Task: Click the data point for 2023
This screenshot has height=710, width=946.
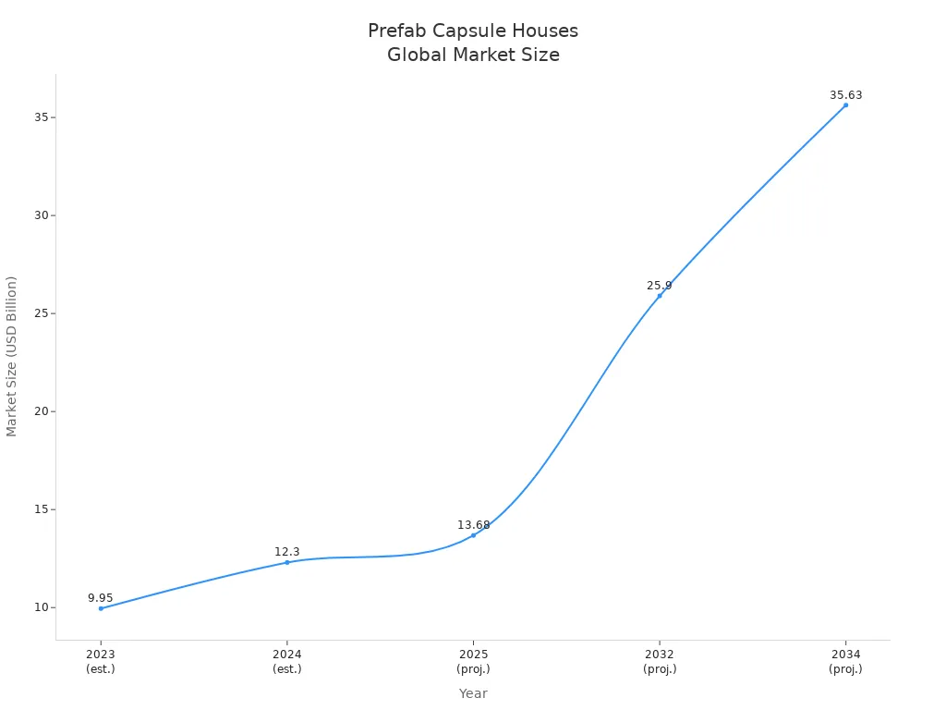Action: [101, 608]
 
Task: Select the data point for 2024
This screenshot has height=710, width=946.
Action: [287, 562]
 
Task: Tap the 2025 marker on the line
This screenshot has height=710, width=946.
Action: [473, 535]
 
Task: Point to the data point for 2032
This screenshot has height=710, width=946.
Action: [660, 296]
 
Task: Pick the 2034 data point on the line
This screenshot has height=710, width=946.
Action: [845, 105]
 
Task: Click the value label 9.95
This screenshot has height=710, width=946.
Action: [101, 598]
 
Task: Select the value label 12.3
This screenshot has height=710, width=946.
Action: [287, 552]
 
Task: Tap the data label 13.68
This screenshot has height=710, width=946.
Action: [473, 525]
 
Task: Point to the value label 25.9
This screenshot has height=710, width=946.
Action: [660, 286]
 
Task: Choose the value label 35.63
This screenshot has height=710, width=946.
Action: [845, 95]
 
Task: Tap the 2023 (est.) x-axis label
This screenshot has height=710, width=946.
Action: [101, 662]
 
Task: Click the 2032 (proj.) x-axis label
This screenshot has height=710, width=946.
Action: [660, 662]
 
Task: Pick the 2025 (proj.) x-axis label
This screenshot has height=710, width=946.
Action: [473, 662]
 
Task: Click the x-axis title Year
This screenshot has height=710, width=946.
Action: [473, 693]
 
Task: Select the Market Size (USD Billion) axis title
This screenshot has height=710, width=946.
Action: [12, 356]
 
